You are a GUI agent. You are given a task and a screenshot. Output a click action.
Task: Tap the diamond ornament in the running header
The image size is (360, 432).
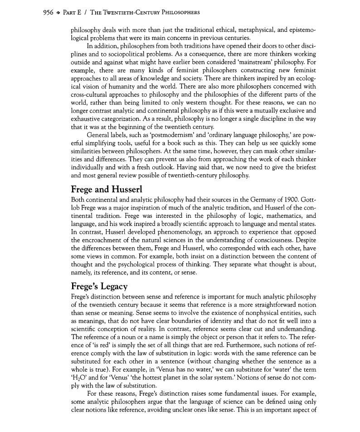pos(46,12)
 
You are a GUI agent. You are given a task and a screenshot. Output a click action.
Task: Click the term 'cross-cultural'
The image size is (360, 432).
pos(90,95)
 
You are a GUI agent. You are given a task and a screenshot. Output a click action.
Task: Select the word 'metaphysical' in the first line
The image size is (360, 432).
pos(258,31)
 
